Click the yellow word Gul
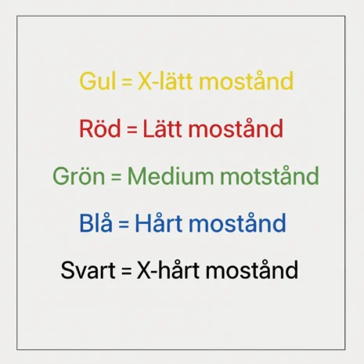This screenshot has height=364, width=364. coord(97,81)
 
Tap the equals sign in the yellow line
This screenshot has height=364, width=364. coord(127,81)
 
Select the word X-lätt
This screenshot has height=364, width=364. coord(165,81)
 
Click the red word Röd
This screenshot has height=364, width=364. coord(100,128)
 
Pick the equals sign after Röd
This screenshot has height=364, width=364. coord(132,128)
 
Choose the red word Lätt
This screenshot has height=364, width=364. coord(162,128)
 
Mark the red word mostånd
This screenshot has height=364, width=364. coord(236,128)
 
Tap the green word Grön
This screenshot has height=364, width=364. coord(79,176)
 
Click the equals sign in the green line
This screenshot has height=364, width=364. coord(116,176)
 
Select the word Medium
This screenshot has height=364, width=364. coord(171,175)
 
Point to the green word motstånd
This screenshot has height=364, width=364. coord(269,175)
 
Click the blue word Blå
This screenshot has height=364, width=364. coord(96,222)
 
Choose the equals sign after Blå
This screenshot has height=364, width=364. coord(124,224)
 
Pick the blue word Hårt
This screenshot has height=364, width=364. coord(158,222)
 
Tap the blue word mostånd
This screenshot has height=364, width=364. coord(237,222)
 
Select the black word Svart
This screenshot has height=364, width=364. coord(88,270)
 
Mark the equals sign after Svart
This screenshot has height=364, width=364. coord(127,270)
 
